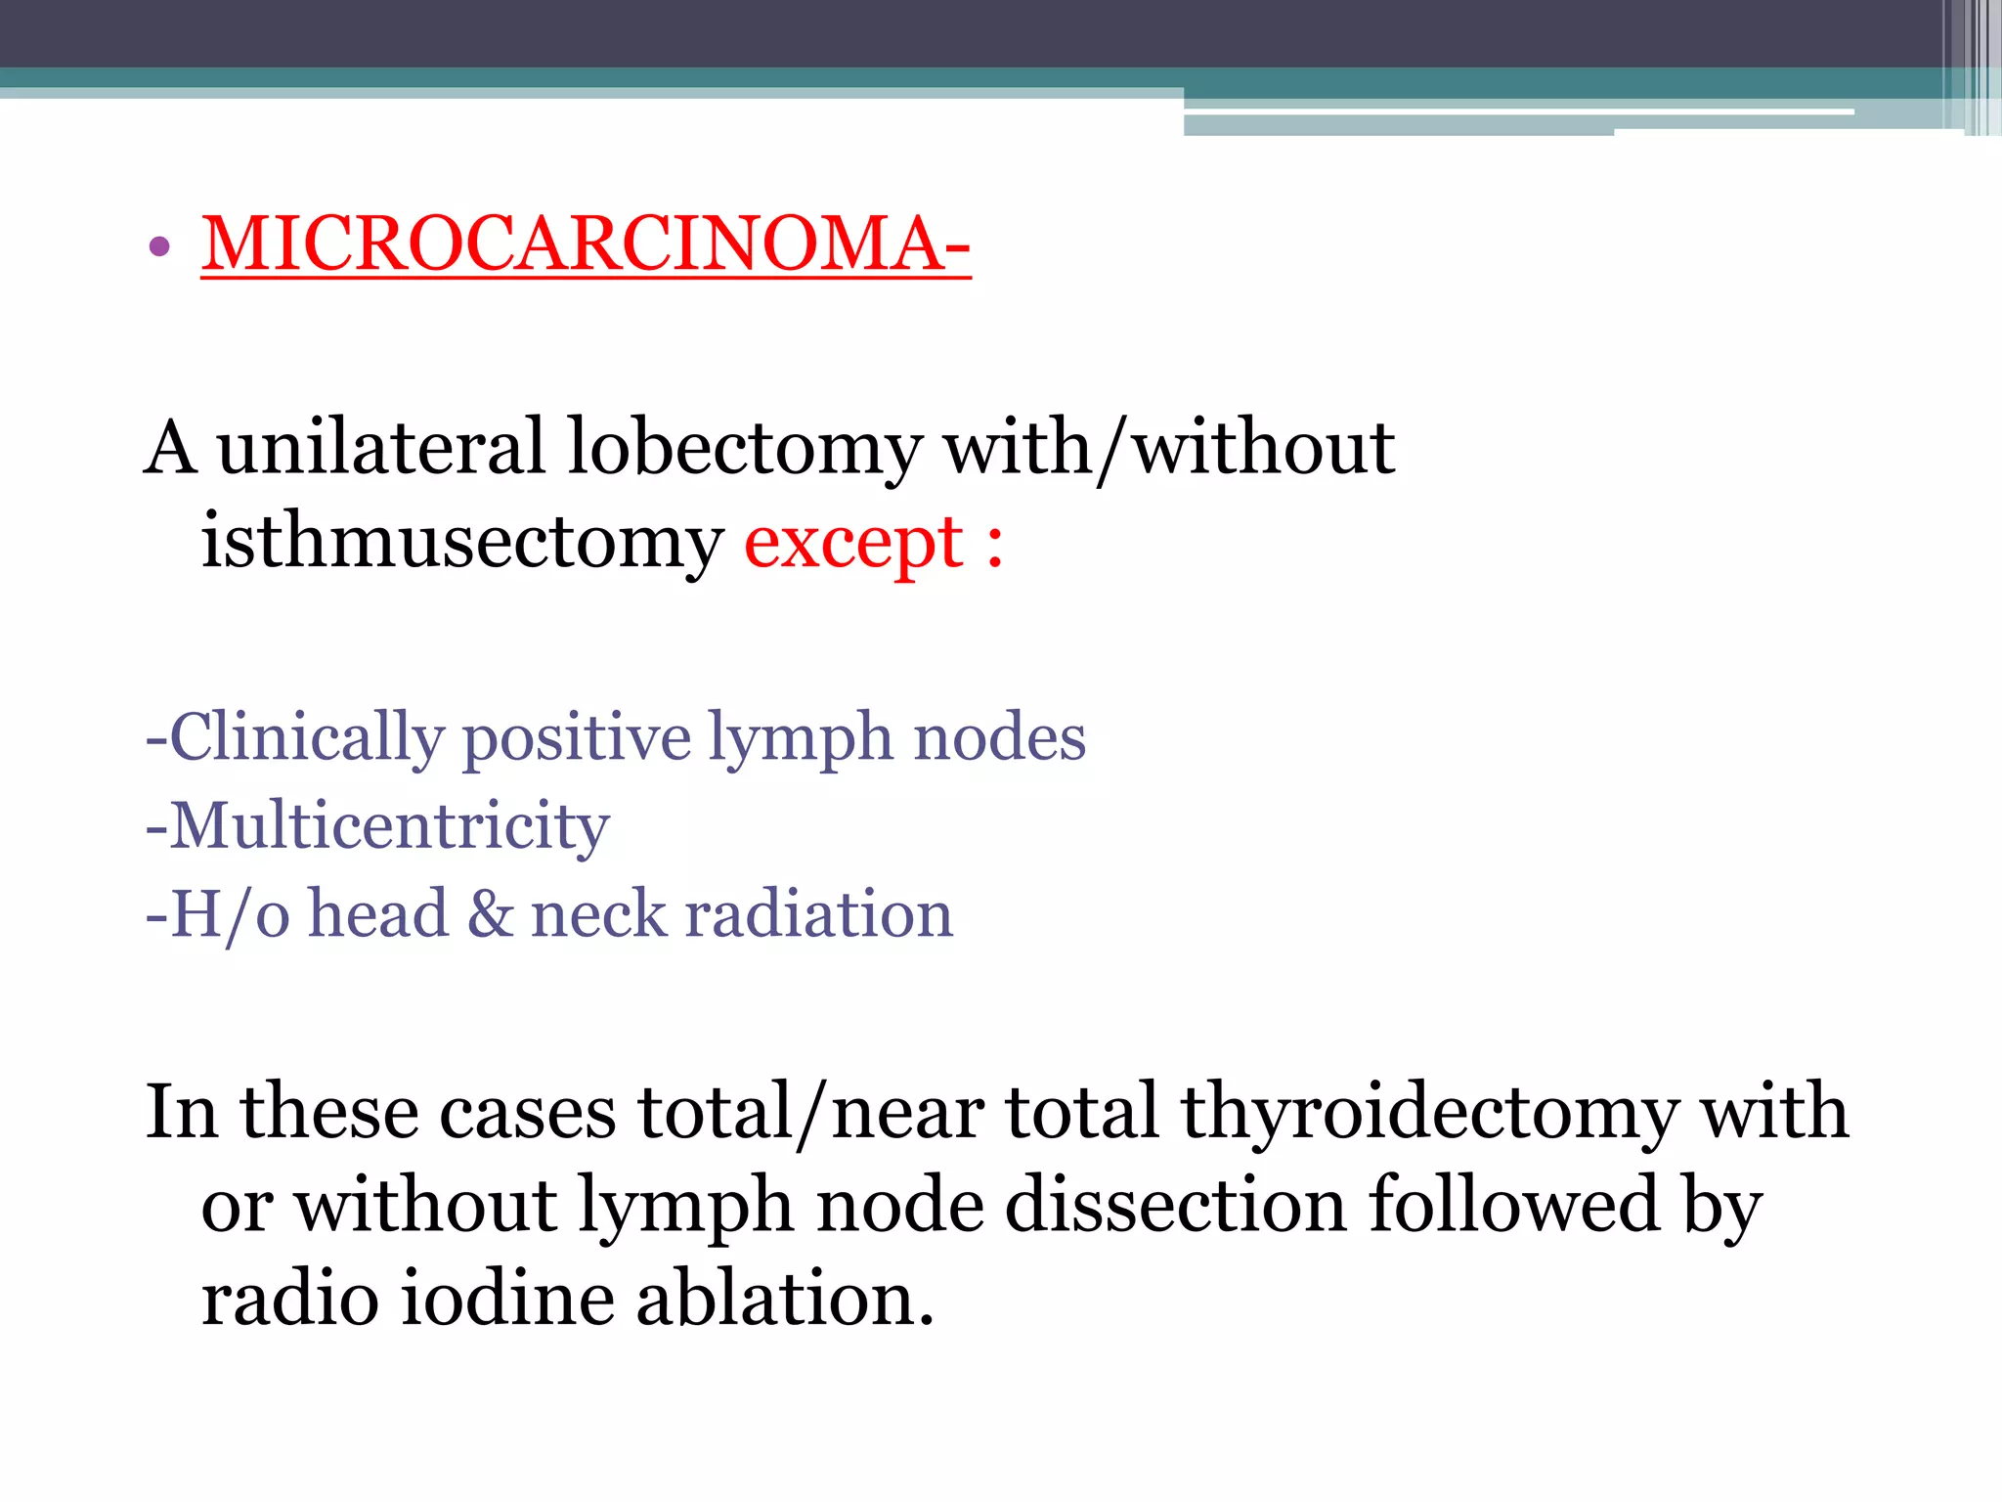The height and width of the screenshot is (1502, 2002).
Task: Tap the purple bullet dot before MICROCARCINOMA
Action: (160, 245)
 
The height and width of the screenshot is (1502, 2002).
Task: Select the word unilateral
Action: (379, 447)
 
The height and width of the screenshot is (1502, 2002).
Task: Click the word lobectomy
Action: (744, 449)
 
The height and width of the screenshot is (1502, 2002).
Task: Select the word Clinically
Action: (306, 737)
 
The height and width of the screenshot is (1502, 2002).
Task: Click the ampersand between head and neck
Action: (489, 914)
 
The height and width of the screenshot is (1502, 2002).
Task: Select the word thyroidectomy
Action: (1429, 1114)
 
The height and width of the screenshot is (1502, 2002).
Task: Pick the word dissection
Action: (1176, 1204)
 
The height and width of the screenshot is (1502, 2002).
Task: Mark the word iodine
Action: (508, 1298)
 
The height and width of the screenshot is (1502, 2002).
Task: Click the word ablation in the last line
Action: (784, 1298)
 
